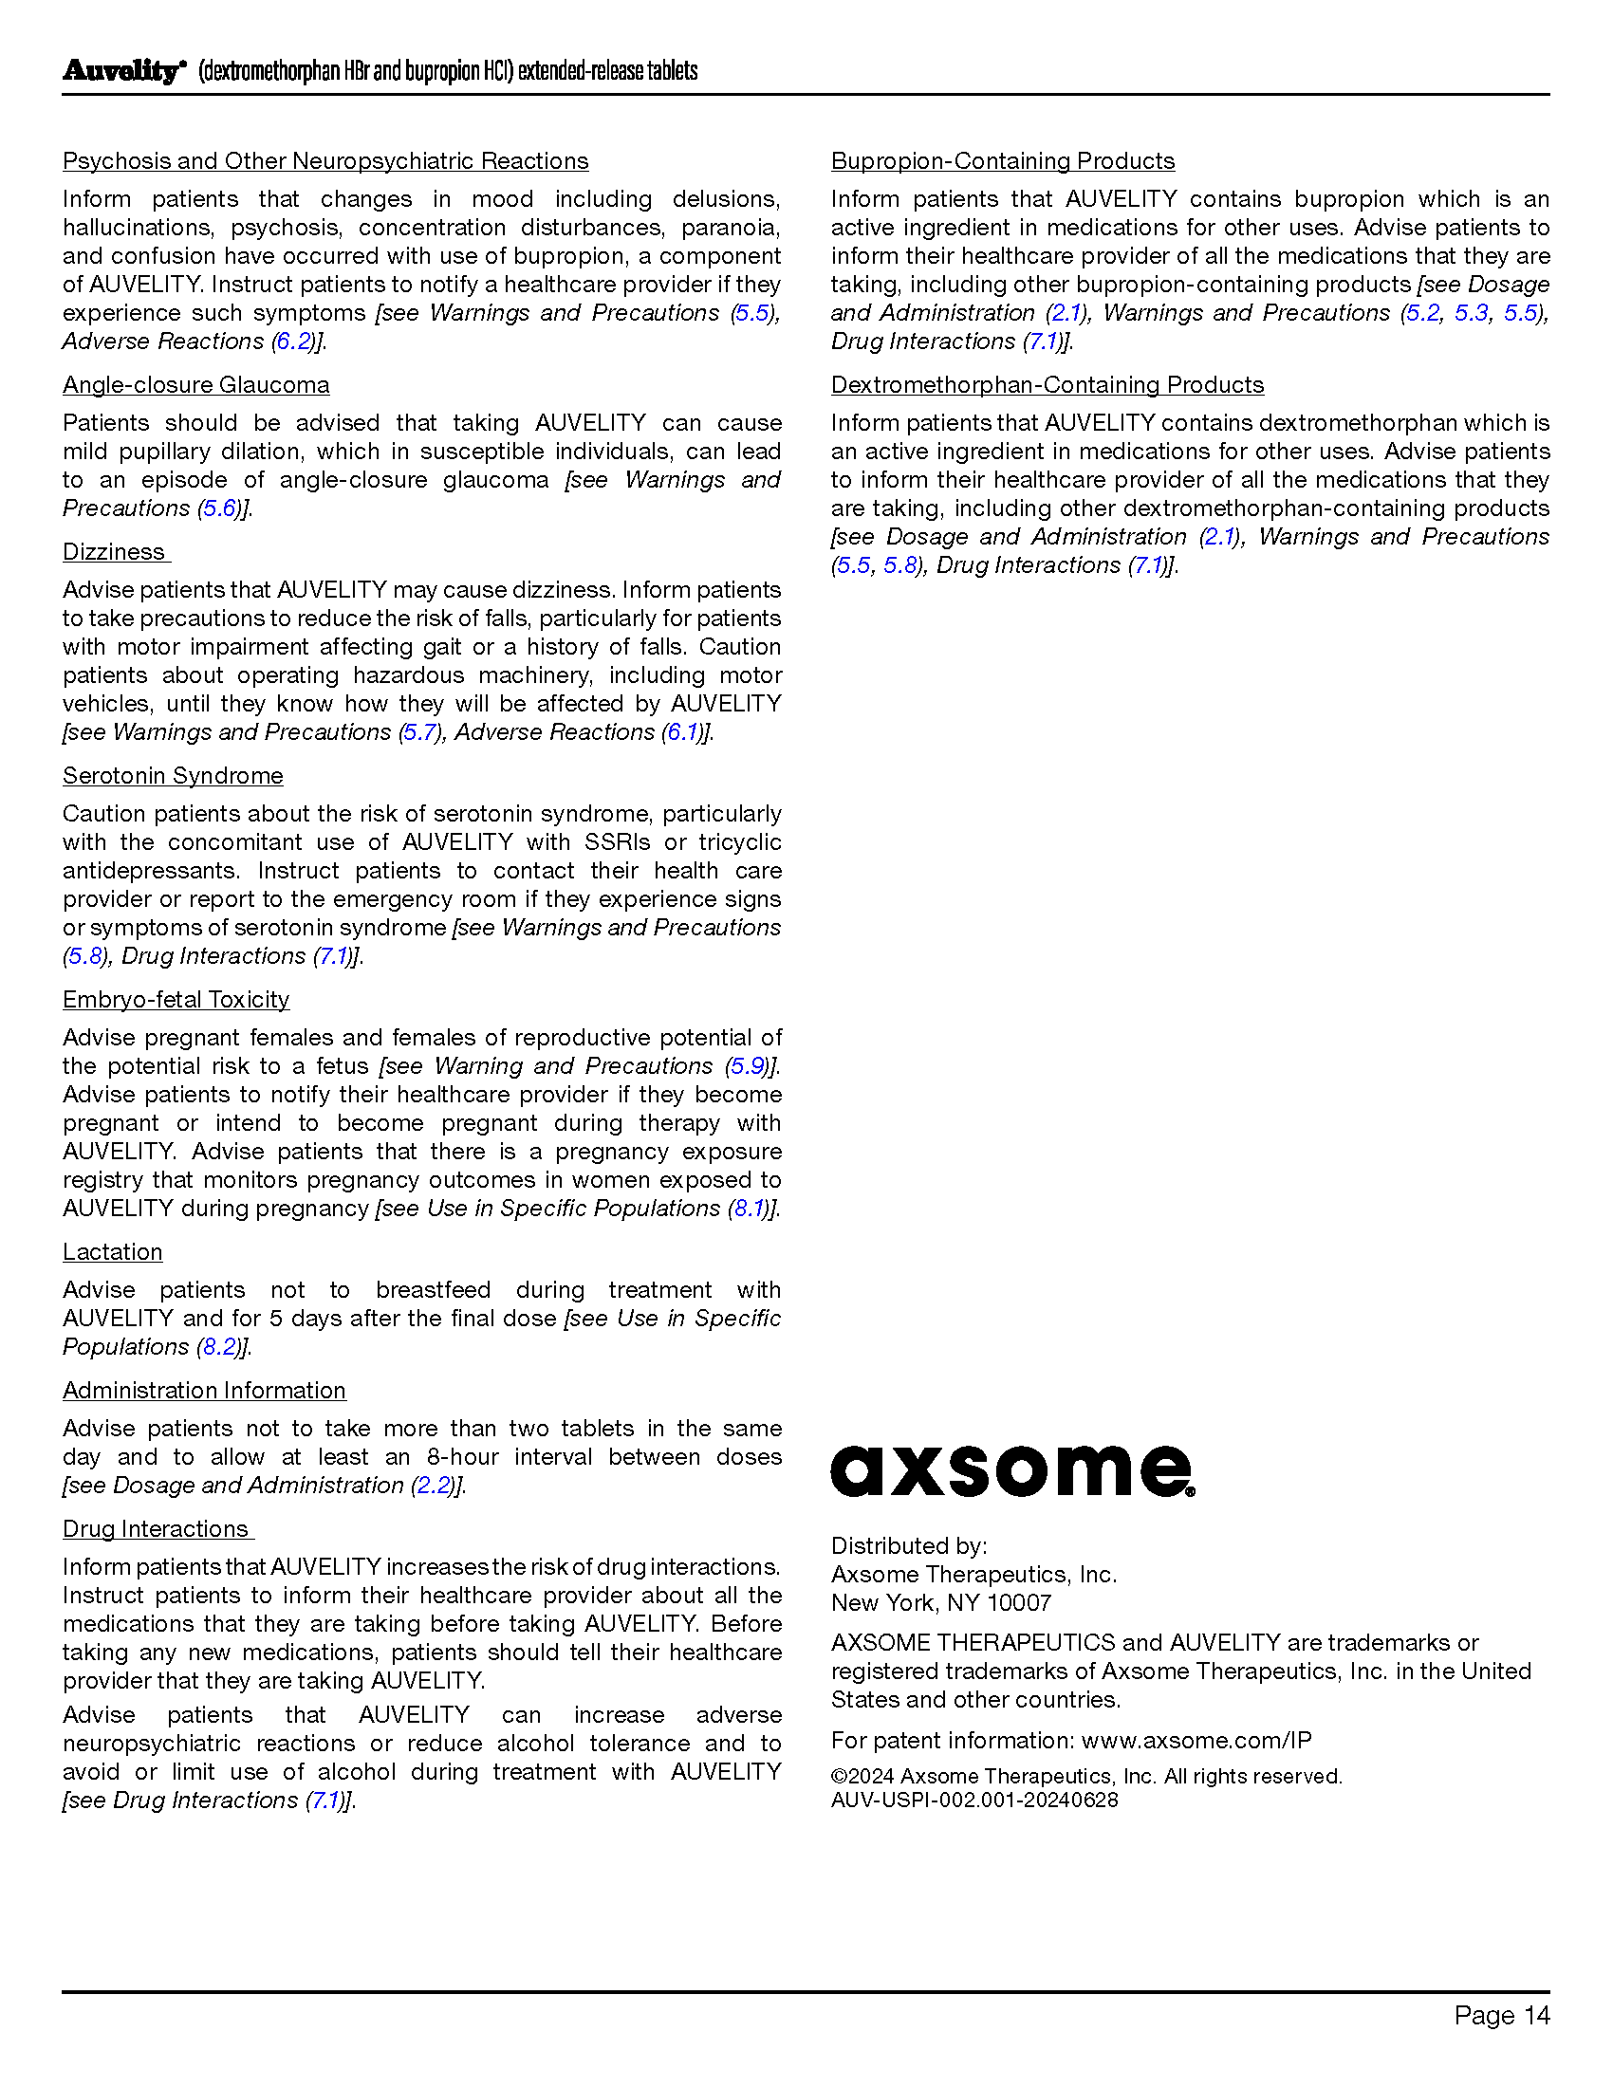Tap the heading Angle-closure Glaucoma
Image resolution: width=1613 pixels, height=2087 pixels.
pos(195,385)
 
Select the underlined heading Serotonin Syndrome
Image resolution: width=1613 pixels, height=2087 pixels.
pos(173,776)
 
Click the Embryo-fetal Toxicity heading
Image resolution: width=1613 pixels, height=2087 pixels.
pos(176,1000)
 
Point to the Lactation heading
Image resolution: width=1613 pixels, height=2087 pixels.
pos(113,1252)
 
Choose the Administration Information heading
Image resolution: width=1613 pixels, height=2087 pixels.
pos(205,1391)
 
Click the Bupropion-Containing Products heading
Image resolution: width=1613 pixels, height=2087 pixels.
pos(1002,161)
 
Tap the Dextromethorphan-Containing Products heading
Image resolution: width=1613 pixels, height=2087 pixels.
pos(1048,385)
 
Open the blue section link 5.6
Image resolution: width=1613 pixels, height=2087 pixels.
pos(220,508)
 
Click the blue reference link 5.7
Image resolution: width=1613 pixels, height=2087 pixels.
pos(420,732)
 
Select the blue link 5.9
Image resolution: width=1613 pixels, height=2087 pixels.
pos(748,1066)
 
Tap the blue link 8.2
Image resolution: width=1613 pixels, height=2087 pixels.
pos(220,1347)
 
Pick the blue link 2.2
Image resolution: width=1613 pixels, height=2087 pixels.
pos(434,1486)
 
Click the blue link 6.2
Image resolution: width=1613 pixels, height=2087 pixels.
pos(293,342)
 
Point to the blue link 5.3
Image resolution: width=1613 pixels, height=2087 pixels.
pos(1472,313)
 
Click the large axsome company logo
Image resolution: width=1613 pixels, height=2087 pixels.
pos(1012,1470)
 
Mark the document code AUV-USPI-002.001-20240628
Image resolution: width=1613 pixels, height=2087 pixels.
pos(974,1800)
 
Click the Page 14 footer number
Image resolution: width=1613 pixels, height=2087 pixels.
pos(1501,2015)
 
